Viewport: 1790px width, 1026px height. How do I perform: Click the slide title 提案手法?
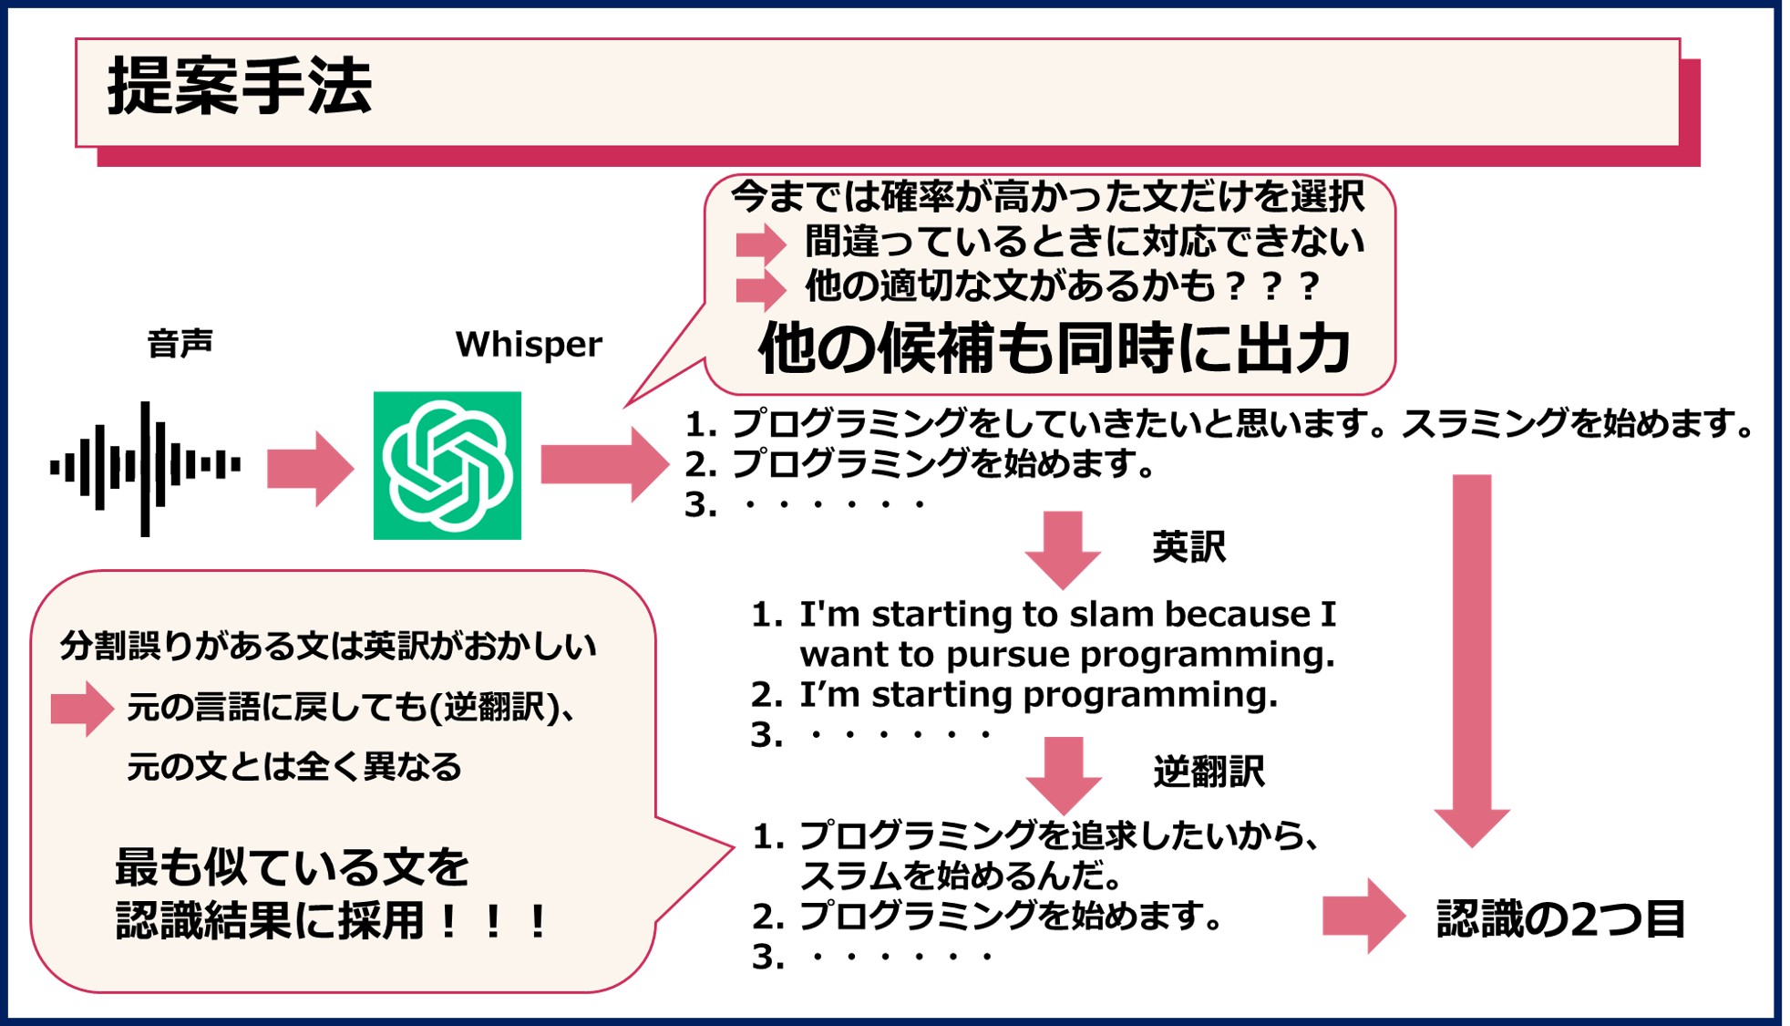[x=240, y=88]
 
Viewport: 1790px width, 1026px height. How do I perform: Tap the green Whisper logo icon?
[x=447, y=466]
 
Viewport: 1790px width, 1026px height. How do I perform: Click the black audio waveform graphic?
[x=146, y=468]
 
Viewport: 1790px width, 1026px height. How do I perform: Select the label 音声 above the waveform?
[x=180, y=345]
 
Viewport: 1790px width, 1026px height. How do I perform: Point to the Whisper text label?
[x=529, y=345]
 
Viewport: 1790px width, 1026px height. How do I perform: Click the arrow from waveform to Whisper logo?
[x=309, y=468]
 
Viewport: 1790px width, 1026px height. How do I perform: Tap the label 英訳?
[x=1188, y=547]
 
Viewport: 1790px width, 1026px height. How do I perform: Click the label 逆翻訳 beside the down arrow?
[x=1209, y=772]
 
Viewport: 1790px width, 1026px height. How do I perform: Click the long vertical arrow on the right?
[x=1471, y=657]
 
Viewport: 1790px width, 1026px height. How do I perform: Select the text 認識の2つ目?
[x=1560, y=919]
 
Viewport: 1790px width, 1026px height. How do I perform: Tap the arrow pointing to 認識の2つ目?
[x=1363, y=916]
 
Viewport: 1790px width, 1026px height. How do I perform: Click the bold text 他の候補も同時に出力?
[x=1054, y=349]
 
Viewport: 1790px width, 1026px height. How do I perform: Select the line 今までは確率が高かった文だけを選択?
[x=1047, y=196]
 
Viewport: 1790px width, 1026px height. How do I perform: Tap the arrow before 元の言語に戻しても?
[x=82, y=708]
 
